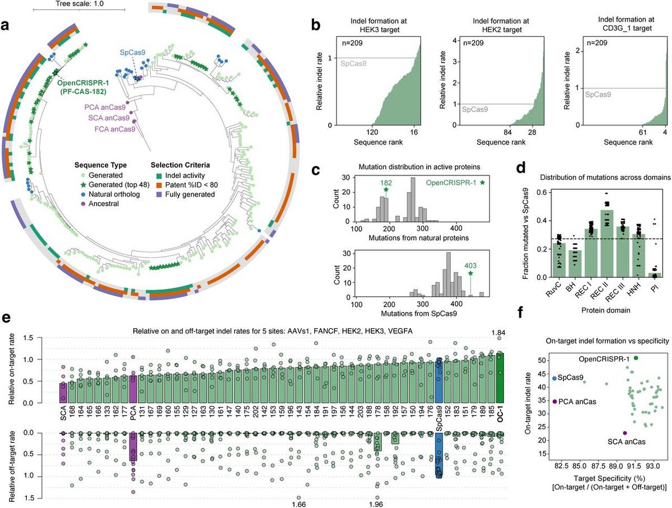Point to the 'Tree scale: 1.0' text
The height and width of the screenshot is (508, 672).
[x=80, y=4]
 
